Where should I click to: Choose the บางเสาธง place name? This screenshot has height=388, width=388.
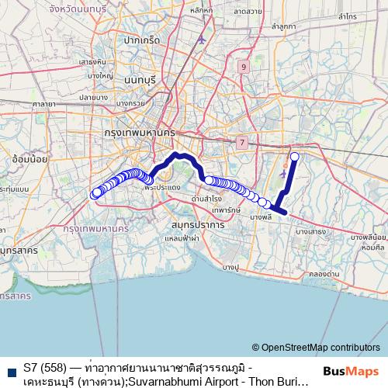310,231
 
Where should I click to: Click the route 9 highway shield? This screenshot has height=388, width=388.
244,68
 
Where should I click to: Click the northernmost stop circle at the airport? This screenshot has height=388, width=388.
294,157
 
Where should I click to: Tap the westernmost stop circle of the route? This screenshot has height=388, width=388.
96,193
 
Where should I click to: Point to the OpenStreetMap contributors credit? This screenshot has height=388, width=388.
315,348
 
